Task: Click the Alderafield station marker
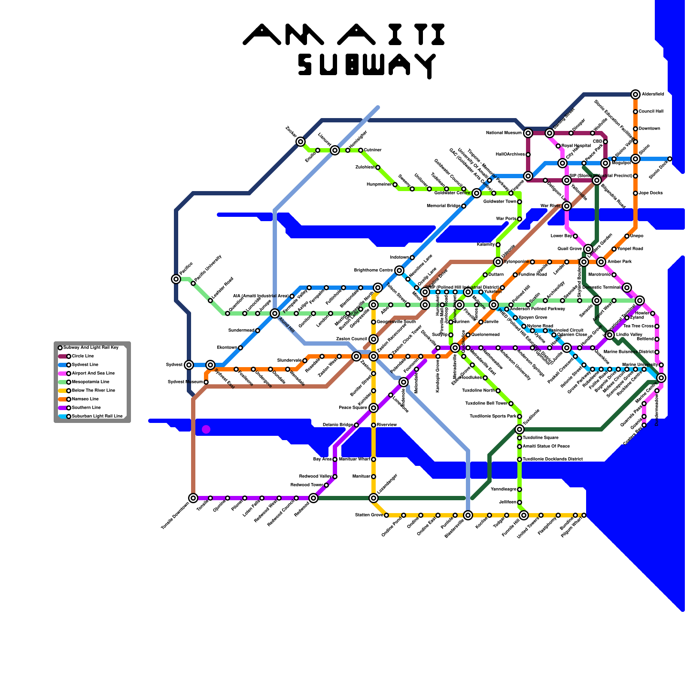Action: tap(635, 94)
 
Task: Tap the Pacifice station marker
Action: tap(176, 279)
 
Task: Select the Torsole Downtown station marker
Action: tap(193, 498)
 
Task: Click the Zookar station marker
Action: tap(301, 142)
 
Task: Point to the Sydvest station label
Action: tap(174, 365)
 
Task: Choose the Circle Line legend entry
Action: tap(82, 356)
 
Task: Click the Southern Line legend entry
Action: tap(86, 408)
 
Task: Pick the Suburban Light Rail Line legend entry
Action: tap(97, 416)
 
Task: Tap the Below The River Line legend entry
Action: tap(93, 391)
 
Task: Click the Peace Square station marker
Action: tap(374, 408)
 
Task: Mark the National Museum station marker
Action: tap(528, 133)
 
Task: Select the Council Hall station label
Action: tap(651, 112)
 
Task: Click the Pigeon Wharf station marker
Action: tap(584, 515)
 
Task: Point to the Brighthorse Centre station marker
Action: tap(399, 271)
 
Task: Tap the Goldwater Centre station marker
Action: tap(477, 193)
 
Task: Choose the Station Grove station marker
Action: tap(386, 515)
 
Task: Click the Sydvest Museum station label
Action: tap(185, 382)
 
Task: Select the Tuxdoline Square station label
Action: tap(540, 438)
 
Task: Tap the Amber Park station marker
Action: tap(601, 262)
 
